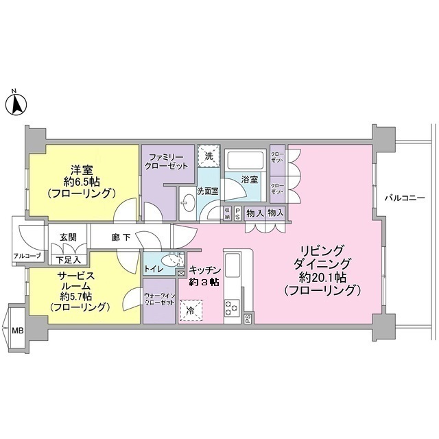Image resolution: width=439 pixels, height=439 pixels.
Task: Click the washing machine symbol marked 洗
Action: [x=209, y=156]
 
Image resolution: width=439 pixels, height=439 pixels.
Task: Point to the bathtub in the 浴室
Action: [x=244, y=162]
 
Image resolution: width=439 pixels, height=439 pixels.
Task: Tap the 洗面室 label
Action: [x=208, y=191]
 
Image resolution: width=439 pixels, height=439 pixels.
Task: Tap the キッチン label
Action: [x=204, y=270]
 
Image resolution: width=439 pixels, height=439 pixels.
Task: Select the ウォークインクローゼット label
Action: [x=159, y=299]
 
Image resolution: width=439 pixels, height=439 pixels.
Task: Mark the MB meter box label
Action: [x=17, y=330]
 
